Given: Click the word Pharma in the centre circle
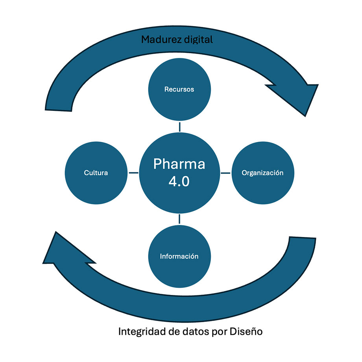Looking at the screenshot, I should coord(179,163).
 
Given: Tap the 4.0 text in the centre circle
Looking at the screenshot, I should coord(179,182).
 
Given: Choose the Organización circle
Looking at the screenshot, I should coord(262,173).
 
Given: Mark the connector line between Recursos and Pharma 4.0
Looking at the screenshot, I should coord(179,127).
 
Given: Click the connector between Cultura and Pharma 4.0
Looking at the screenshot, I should coord(133,173).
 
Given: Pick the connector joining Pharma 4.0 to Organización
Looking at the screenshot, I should coord(225,173).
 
